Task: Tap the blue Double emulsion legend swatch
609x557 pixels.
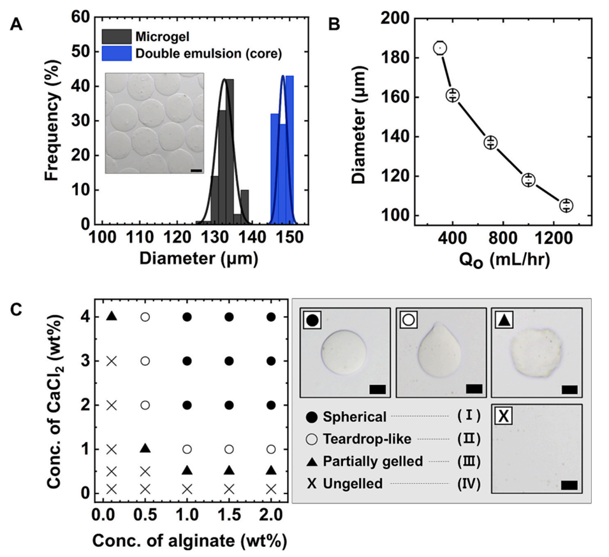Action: [117, 53]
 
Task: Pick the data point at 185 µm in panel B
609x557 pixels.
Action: [440, 48]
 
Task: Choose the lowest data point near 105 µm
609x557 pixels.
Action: [566, 205]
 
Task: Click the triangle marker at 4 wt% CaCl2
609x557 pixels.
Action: [112, 316]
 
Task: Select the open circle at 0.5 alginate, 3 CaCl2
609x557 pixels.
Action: [145, 361]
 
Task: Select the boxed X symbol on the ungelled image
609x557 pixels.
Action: [503, 416]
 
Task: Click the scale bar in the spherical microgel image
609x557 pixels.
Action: [375, 389]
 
